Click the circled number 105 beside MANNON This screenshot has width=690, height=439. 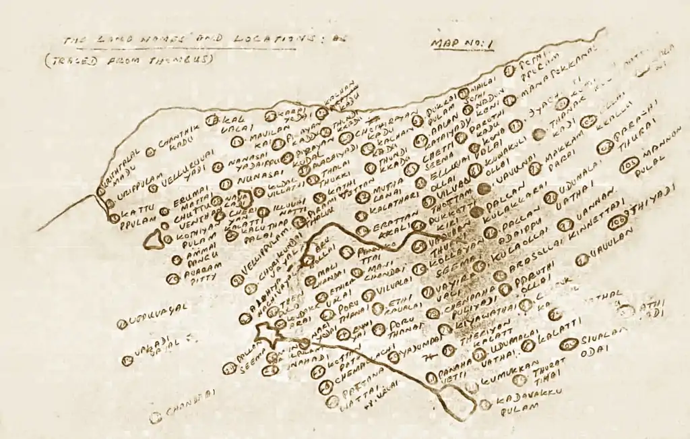click(630, 166)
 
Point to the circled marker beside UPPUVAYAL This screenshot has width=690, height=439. click(122, 324)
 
